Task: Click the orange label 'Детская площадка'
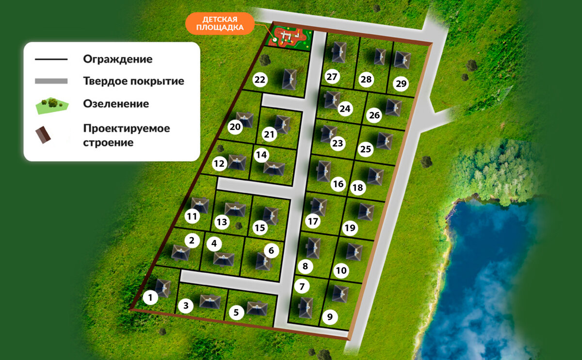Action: [x=219, y=23]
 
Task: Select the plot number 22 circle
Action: [x=260, y=80]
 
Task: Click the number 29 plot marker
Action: [x=401, y=84]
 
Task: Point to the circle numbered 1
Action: [x=151, y=297]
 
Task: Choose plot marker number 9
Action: [x=330, y=318]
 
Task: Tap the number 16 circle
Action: [x=338, y=184]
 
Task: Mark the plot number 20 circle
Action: [x=235, y=127]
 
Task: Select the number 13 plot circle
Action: [x=222, y=223]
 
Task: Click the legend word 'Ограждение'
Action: [x=117, y=59]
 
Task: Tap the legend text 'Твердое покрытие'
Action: [x=133, y=81]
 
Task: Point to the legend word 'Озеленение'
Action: [x=116, y=104]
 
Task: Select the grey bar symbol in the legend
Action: [x=51, y=81]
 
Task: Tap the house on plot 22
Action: [x=290, y=79]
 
